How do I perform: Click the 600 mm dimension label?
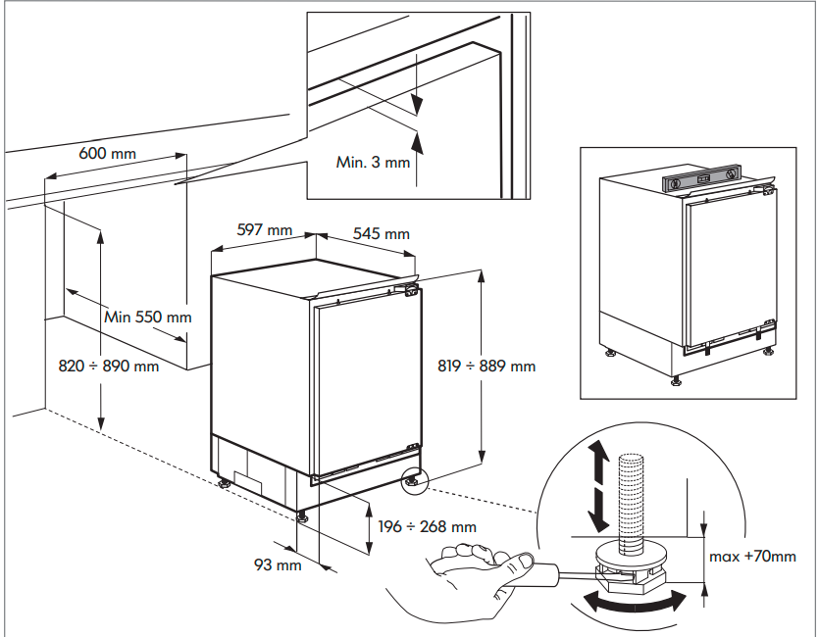coord(108,154)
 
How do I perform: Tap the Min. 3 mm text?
coord(373,162)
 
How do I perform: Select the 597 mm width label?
coord(265,230)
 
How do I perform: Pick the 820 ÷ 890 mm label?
coord(109,366)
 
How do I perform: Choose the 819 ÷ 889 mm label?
coord(486,366)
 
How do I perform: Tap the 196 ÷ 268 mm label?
coord(428,526)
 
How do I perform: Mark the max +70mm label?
coord(753,557)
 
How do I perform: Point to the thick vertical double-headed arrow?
coord(595,484)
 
